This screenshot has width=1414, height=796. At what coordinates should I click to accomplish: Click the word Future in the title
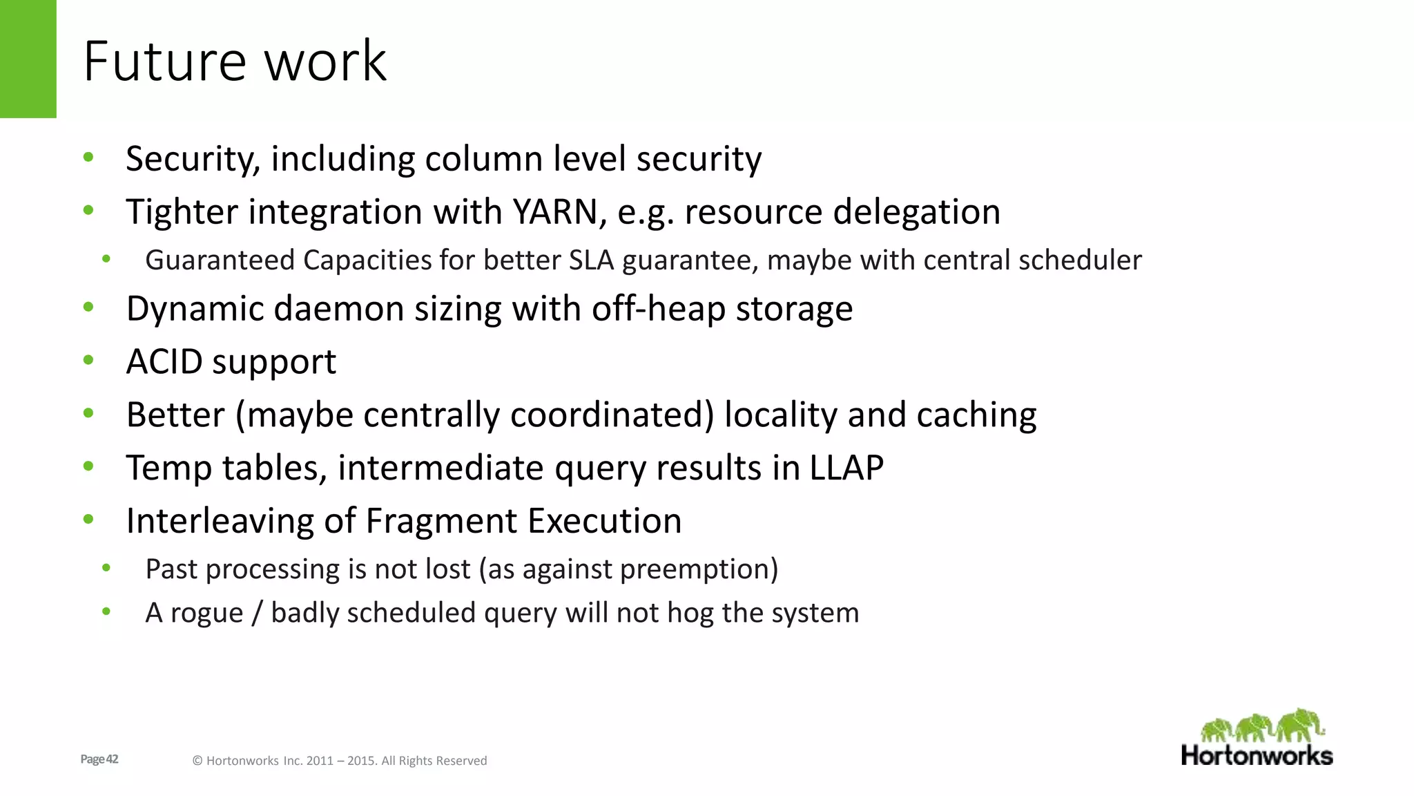click(164, 61)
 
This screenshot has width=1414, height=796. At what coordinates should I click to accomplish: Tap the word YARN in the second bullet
click(554, 211)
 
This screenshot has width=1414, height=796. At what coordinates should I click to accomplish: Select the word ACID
click(164, 361)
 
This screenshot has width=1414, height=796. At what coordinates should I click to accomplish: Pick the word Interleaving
click(220, 521)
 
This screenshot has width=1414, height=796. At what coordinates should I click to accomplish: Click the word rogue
click(206, 614)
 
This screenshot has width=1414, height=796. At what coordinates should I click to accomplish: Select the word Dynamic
click(194, 309)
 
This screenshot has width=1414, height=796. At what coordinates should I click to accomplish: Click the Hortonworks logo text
click(1257, 755)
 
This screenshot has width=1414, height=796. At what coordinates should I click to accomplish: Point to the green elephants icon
click(1262, 726)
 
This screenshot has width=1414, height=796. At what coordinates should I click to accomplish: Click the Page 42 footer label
click(99, 759)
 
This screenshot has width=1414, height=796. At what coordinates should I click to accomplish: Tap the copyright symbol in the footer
click(197, 761)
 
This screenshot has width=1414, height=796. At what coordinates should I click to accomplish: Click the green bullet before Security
click(88, 158)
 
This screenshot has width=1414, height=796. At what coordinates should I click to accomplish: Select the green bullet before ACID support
click(88, 360)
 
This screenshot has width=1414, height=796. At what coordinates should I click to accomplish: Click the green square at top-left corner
click(28, 59)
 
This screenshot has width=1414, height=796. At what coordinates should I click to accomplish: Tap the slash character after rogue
click(257, 614)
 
